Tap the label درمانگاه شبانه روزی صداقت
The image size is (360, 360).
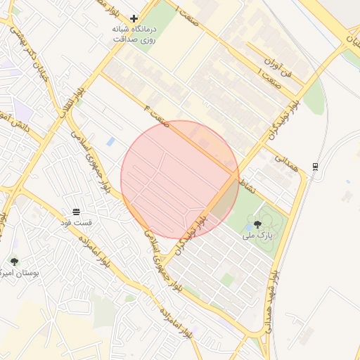pyautogui.click(x=134, y=34)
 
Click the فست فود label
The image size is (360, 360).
pyautogui.click(x=76, y=222)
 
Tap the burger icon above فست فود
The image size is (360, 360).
pyautogui.click(x=76, y=211)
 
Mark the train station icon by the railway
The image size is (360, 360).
pyautogui.click(x=316, y=167)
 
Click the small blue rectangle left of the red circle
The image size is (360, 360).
pyautogui.click(x=111, y=142)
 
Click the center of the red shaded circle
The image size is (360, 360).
pyautogui.click(x=179, y=179)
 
